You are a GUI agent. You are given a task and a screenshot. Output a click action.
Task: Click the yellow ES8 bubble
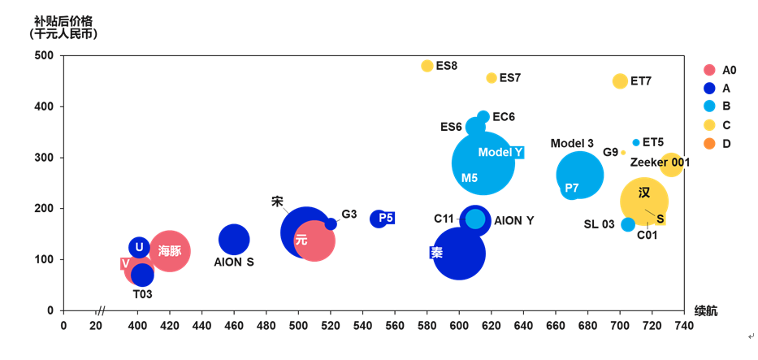(427, 66)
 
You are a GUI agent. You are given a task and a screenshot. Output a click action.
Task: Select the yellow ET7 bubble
(620, 81)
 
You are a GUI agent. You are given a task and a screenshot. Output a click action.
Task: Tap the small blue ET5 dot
(636, 142)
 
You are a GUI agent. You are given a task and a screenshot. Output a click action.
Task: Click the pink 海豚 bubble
(170, 251)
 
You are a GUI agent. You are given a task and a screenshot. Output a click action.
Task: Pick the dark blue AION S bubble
(234, 240)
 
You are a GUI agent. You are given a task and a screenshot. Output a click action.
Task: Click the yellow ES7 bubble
(492, 78)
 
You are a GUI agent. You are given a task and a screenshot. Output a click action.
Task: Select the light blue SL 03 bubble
(628, 224)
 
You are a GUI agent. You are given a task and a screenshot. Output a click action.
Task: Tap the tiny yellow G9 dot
(623, 153)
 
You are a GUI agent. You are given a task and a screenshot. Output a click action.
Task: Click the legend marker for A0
(709, 70)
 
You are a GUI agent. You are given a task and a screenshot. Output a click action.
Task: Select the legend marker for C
(709, 125)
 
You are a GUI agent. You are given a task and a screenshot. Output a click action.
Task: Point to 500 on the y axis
(44, 56)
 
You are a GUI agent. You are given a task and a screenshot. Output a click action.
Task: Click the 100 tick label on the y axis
(44, 260)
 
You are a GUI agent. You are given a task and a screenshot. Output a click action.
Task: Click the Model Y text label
(500, 153)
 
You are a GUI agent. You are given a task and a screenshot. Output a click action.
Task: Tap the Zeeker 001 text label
(660, 163)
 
